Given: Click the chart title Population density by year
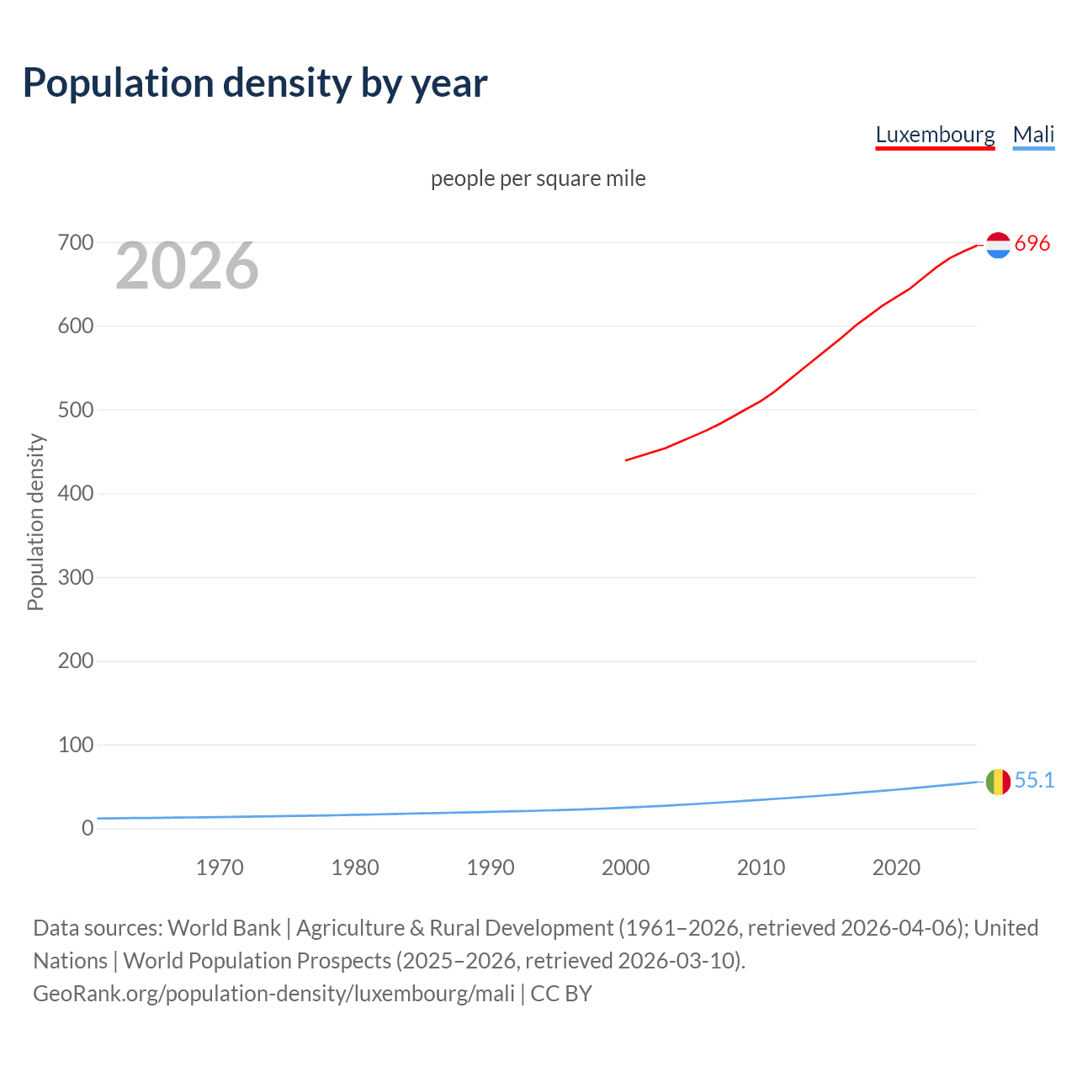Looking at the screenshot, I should pos(255,83).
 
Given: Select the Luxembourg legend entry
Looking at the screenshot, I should pos(935,135).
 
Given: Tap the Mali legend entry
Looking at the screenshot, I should pos(1033,135).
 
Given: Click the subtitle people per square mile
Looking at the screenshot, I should pos(538,178).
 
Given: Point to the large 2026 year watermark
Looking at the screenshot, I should pos(187,266).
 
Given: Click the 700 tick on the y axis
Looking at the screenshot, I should pos(76,243).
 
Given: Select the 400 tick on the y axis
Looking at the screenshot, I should pos(76,494).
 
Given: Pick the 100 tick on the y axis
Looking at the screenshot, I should pos(76,745).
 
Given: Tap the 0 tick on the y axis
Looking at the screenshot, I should pos(88,828).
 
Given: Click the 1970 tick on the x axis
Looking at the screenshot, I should pos(220,867).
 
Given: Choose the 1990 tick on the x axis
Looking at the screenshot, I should pos(491,867).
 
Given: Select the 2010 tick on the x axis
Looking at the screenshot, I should pos(761,867).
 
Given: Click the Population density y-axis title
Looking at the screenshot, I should pos(35,522).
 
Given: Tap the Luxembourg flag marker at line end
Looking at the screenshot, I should pos(998,245).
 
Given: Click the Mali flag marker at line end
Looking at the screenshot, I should pos(998,782).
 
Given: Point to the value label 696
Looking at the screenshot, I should pos(1032,244).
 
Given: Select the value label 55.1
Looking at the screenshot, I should pos(1034,781).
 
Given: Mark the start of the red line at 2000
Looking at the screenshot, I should pos(627,460).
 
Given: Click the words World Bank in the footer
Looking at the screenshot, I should pos(224,928).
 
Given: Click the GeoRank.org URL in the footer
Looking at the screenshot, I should pos(273,994).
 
